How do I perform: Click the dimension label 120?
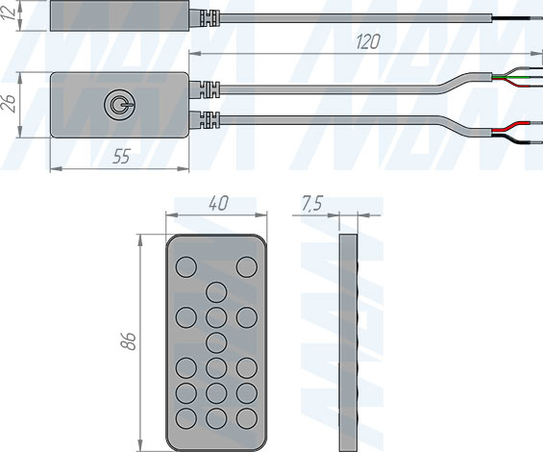(367, 42)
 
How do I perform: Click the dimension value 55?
(121, 157)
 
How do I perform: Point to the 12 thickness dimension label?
(10, 13)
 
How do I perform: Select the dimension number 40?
(218, 204)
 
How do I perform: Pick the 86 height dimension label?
(128, 341)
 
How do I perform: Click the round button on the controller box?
(120, 105)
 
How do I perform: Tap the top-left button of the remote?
(186, 267)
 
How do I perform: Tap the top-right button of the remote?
(247, 267)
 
